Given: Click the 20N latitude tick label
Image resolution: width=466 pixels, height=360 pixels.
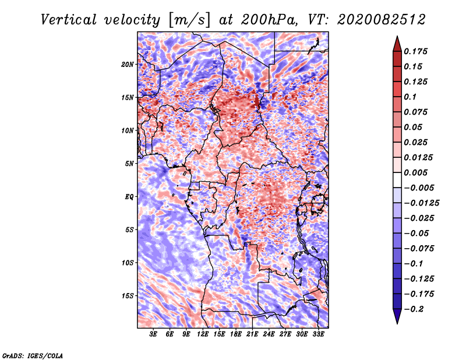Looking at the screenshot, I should tap(128, 64).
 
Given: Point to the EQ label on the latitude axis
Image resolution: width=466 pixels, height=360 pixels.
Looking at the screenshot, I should tap(129, 197).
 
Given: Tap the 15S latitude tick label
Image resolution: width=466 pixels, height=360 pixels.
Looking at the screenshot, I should tap(128, 296).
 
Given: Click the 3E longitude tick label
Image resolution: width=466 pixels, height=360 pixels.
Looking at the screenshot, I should tap(154, 334).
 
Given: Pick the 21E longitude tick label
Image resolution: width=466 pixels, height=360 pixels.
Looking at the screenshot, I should tap(252, 334).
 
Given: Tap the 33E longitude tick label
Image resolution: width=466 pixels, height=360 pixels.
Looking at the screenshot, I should tap(318, 334).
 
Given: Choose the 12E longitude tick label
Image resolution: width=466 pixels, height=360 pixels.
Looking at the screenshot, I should tap(203, 334).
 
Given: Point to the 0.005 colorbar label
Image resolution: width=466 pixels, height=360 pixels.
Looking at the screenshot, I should tap(417, 172).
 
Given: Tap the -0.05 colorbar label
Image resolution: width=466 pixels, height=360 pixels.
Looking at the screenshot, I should tap(417, 233).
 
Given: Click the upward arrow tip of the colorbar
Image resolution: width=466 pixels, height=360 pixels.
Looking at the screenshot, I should tap(397, 38).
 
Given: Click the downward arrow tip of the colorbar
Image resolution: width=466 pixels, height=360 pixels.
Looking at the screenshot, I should tap(397, 322).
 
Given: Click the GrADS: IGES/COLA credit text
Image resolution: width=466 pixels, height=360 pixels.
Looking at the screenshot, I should tap(32, 355).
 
